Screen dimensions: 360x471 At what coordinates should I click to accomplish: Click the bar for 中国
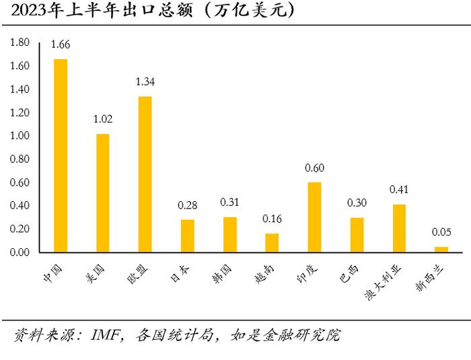click(61, 155)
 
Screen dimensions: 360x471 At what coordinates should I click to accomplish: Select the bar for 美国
click(103, 193)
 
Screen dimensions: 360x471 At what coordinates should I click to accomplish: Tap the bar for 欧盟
click(145, 174)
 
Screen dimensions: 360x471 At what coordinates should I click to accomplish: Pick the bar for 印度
click(314, 217)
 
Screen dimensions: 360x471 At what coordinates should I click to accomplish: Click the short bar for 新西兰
click(441, 250)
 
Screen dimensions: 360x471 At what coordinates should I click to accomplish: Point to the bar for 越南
click(272, 243)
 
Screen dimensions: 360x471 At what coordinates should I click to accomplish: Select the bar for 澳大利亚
click(399, 228)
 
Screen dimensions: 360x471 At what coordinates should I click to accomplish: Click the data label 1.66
click(61, 45)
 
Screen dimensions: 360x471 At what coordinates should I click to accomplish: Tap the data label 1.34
click(145, 82)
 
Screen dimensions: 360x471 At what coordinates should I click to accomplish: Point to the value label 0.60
click(314, 168)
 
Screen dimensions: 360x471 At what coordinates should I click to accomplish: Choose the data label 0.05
click(441, 233)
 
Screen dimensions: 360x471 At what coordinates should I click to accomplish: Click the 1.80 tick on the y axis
click(20, 42)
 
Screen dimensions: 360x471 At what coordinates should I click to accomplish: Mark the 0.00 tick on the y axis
click(20, 252)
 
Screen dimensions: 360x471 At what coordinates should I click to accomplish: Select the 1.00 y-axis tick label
click(20, 136)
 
